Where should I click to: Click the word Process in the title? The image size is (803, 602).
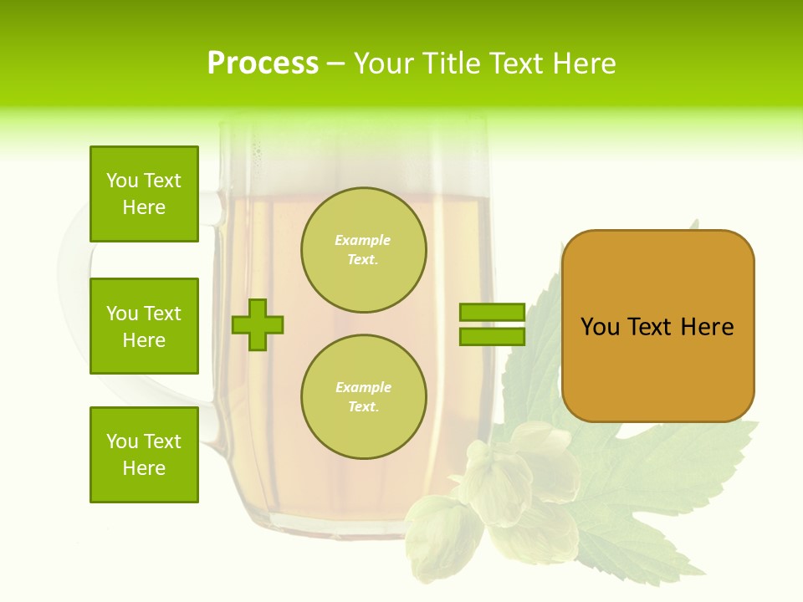(263, 64)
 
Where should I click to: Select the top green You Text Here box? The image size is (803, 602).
(144, 194)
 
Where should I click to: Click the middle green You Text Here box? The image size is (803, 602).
(144, 326)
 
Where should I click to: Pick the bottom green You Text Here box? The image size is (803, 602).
(144, 455)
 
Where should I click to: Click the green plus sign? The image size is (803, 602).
(258, 325)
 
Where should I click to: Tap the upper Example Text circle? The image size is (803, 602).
(363, 250)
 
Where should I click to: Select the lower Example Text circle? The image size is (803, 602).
(363, 397)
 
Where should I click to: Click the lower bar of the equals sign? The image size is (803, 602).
(492, 337)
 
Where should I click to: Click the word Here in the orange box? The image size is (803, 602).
(707, 327)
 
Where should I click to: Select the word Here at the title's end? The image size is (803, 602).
(582, 64)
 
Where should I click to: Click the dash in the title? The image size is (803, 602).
(335, 64)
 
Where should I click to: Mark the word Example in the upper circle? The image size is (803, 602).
(363, 241)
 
